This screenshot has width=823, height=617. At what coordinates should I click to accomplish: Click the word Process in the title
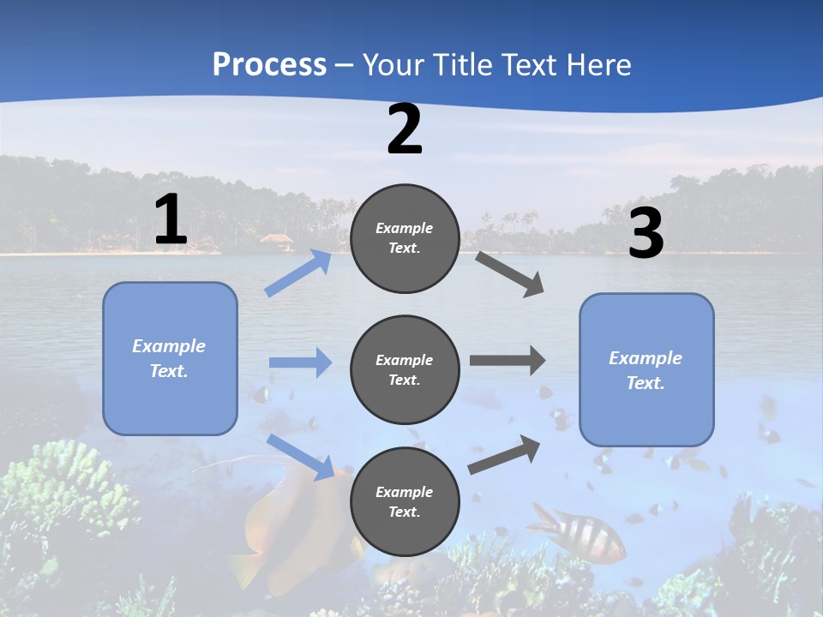[269, 64]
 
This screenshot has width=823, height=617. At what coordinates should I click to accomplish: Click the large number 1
[171, 220]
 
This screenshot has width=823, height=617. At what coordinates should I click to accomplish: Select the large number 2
[405, 129]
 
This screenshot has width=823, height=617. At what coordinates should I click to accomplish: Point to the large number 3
[646, 234]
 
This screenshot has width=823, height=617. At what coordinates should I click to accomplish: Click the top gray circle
[405, 238]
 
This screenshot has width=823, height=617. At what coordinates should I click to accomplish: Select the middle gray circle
[405, 369]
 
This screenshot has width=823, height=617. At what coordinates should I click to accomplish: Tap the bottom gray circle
[405, 501]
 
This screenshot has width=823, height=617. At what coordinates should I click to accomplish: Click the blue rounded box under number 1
[170, 358]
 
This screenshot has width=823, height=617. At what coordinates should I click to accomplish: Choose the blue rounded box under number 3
[646, 369]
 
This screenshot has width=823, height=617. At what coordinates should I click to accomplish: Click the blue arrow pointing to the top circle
[298, 273]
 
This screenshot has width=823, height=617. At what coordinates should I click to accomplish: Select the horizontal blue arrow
[300, 362]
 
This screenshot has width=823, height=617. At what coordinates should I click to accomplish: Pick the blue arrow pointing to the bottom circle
[301, 457]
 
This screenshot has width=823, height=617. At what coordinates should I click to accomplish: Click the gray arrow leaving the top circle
[510, 273]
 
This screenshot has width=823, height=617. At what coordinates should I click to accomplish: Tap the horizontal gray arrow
[508, 361]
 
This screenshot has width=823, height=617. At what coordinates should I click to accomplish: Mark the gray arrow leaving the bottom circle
[505, 454]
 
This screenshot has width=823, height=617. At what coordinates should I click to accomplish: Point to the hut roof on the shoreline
[276, 237]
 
